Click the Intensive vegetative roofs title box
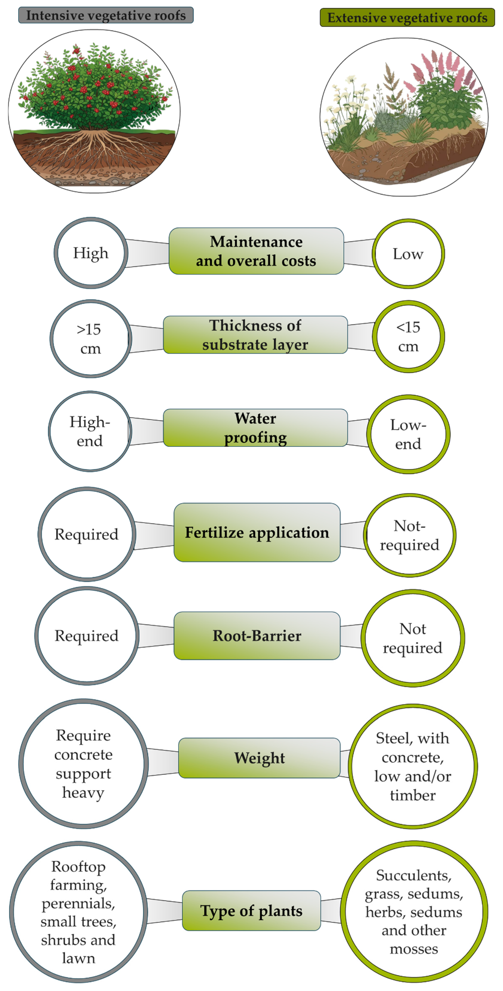coord(106,15)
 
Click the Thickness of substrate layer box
coord(255,335)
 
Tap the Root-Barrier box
coord(257,636)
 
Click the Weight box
coord(259,758)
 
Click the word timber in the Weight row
coord(413,795)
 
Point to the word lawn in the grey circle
coord(79,958)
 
